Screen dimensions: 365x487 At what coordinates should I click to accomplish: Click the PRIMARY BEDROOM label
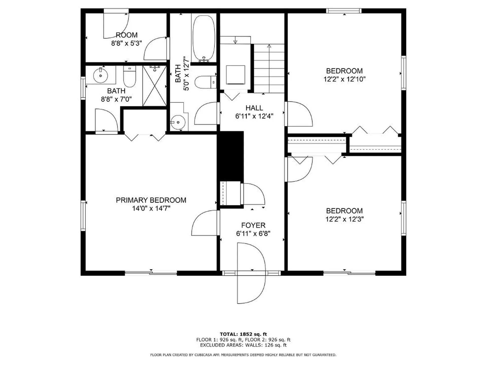click(151, 200)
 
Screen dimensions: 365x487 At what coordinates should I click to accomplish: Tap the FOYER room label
click(253, 225)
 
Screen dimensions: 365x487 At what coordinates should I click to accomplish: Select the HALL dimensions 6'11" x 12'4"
click(254, 116)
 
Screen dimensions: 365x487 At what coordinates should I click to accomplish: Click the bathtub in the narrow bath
click(204, 38)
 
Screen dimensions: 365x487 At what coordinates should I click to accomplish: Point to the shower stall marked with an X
click(154, 86)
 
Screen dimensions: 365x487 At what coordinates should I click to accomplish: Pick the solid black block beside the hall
click(230, 156)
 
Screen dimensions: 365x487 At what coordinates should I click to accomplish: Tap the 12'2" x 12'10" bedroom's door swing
click(299, 114)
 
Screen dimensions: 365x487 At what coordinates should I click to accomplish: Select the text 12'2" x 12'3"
click(344, 219)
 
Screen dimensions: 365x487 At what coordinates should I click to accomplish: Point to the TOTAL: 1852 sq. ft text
click(243, 334)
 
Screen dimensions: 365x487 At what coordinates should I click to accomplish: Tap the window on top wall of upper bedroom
click(344, 11)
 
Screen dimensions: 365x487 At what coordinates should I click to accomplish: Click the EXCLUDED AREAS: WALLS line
click(243, 345)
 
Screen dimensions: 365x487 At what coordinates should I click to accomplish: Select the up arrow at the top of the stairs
click(269, 46)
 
